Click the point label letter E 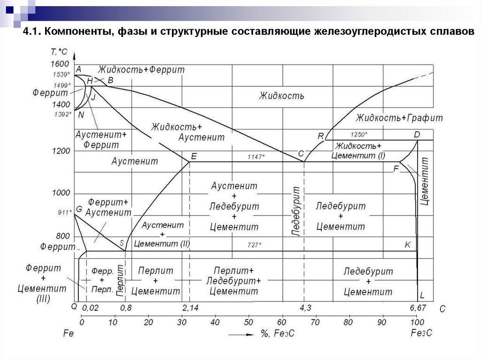pyautogui.click(x=194, y=156)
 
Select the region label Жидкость pyautogui.click(x=281, y=96)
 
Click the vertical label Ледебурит pyautogui.click(x=296, y=211)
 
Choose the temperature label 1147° pyautogui.click(x=257, y=157)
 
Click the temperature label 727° pyautogui.click(x=254, y=245)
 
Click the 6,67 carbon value pyautogui.click(x=419, y=308)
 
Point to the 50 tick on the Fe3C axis pyautogui.click(x=248, y=322)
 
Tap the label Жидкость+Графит pyautogui.click(x=399, y=117)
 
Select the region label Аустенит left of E pyautogui.click(x=135, y=161)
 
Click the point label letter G pyautogui.click(x=78, y=208)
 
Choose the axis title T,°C pyautogui.click(x=59, y=52)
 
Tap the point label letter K pyautogui.click(x=407, y=245)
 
